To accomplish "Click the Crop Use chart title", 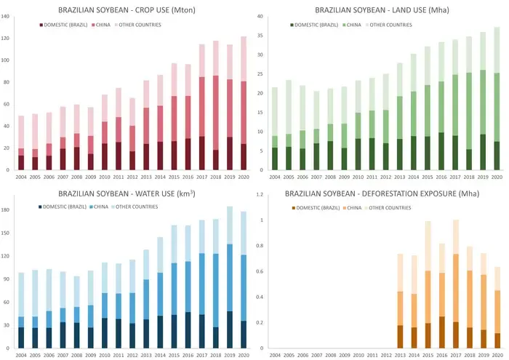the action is coord(127,10).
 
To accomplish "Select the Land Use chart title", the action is coord(382,10).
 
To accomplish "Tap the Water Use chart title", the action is coord(127,193).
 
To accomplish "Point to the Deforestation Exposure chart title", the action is coord(382,193).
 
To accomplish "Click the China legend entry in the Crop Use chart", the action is coord(101,25).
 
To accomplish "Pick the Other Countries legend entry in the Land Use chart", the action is coord(388,25).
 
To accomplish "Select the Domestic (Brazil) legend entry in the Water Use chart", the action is coord(63,207).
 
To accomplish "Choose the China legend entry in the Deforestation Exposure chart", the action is coord(352,208).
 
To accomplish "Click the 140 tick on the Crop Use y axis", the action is coord(5,16).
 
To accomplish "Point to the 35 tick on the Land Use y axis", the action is coord(260,36).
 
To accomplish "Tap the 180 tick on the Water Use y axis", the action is coord(5,210).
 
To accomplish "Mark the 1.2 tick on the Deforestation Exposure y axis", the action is coord(260,194).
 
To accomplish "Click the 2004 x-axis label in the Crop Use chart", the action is coord(21,177).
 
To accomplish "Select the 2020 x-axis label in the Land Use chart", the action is coord(497,177).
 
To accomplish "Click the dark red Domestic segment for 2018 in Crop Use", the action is coord(215,160).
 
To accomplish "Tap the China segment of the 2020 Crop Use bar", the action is coord(244,113).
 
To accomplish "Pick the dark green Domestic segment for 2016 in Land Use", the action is coord(441,151).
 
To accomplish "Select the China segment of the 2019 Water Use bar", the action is coord(230,278).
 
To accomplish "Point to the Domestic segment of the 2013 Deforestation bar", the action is coord(400,337).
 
